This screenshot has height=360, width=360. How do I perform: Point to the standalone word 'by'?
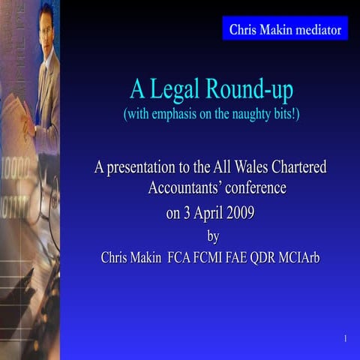pos(212,236)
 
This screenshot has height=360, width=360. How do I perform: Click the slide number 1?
pos(344,340)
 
